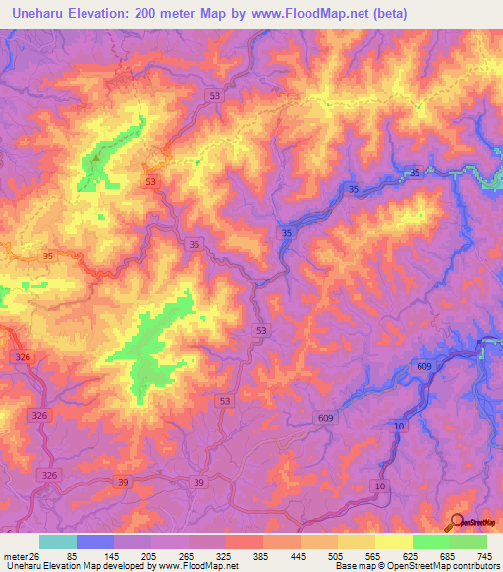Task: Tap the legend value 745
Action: pyautogui.click(x=484, y=555)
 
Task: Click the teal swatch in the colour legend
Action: pyautogui.click(x=58, y=542)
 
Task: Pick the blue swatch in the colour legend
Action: pyautogui.click(x=95, y=542)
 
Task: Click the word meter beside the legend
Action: pyautogui.click(x=15, y=555)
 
